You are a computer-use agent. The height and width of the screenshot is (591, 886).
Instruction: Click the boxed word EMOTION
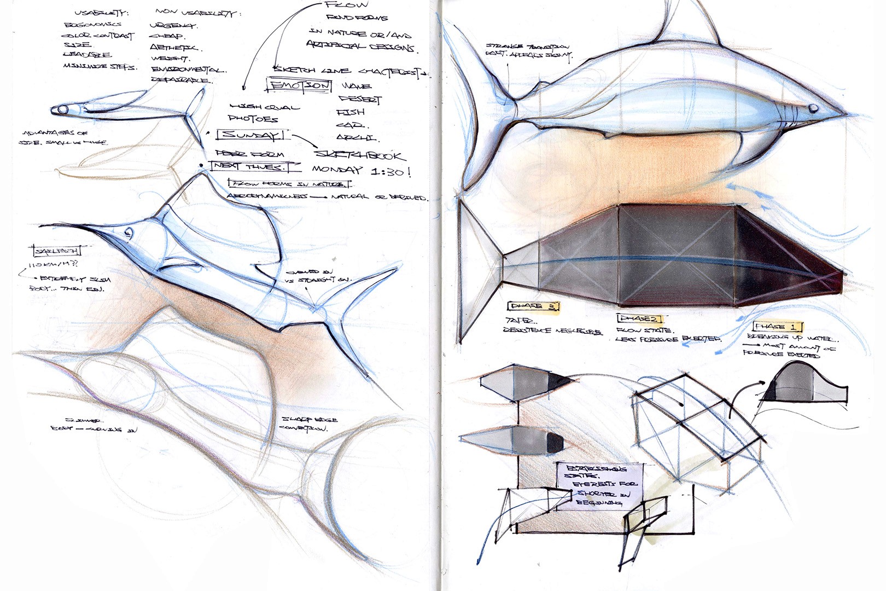click(x=299, y=86)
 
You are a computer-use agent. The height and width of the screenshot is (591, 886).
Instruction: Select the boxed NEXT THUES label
click(x=255, y=166)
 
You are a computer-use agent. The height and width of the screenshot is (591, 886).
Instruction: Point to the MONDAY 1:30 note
click(x=361, y=171)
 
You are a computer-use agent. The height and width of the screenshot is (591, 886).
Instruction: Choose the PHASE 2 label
click(x=639, y=318)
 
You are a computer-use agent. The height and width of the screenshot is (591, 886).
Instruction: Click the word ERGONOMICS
click(x=92, y=25)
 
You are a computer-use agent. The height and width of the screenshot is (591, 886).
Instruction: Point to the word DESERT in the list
click(x=360, y=99)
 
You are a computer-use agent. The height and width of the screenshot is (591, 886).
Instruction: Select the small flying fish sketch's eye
click(x=62, y=110)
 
